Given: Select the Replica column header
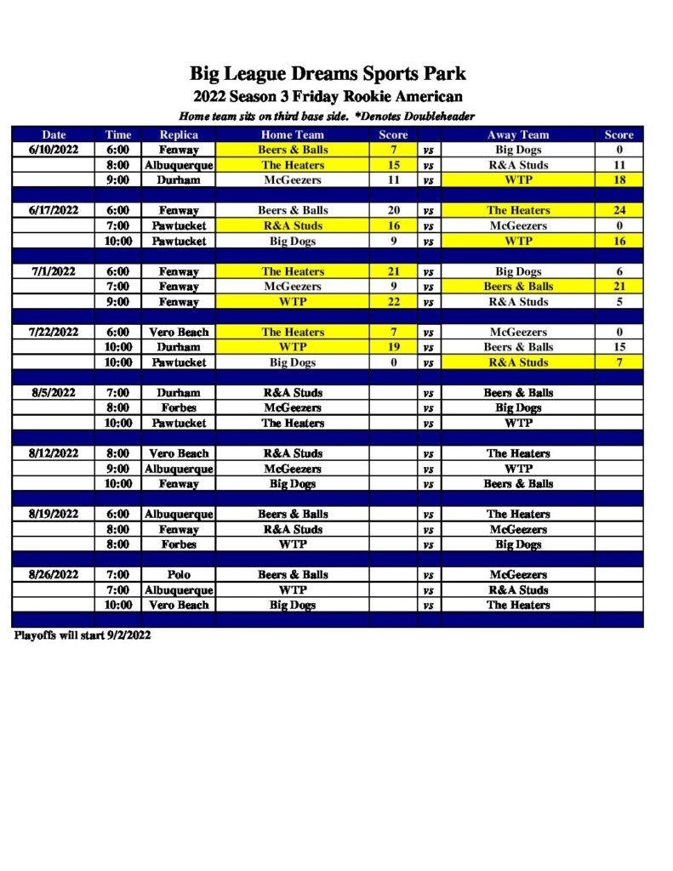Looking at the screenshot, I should (x=179, y=134).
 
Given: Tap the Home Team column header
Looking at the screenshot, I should (x=292, y=134).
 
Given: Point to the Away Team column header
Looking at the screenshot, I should (x=518, y=134).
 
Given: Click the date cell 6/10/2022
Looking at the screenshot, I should (x=54, y=150).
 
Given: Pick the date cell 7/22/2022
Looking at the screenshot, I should (x=54, y=332).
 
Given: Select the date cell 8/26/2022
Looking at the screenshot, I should (x=54, y=575).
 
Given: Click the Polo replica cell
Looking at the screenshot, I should (x=179, y=575).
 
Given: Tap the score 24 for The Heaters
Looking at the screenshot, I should (x=619, y=210).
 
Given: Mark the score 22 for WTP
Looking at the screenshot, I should (x=394, y=302).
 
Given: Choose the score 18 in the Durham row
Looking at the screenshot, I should (x=619, y=180).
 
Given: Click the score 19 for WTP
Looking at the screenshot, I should (x=394, y=347).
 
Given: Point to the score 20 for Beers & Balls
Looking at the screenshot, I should (x=394, y=210).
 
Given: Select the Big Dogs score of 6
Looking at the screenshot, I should (x=619, y=271).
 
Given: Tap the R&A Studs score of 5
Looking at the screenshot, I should (x=619, y=302).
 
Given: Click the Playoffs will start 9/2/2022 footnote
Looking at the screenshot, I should (x=82, y=635).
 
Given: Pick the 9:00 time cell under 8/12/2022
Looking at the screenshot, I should (x=118, y=469).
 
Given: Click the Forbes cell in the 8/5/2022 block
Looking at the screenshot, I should (x=179, y=408).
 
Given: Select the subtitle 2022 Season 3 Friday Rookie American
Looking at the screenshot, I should (x=328, y=96).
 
